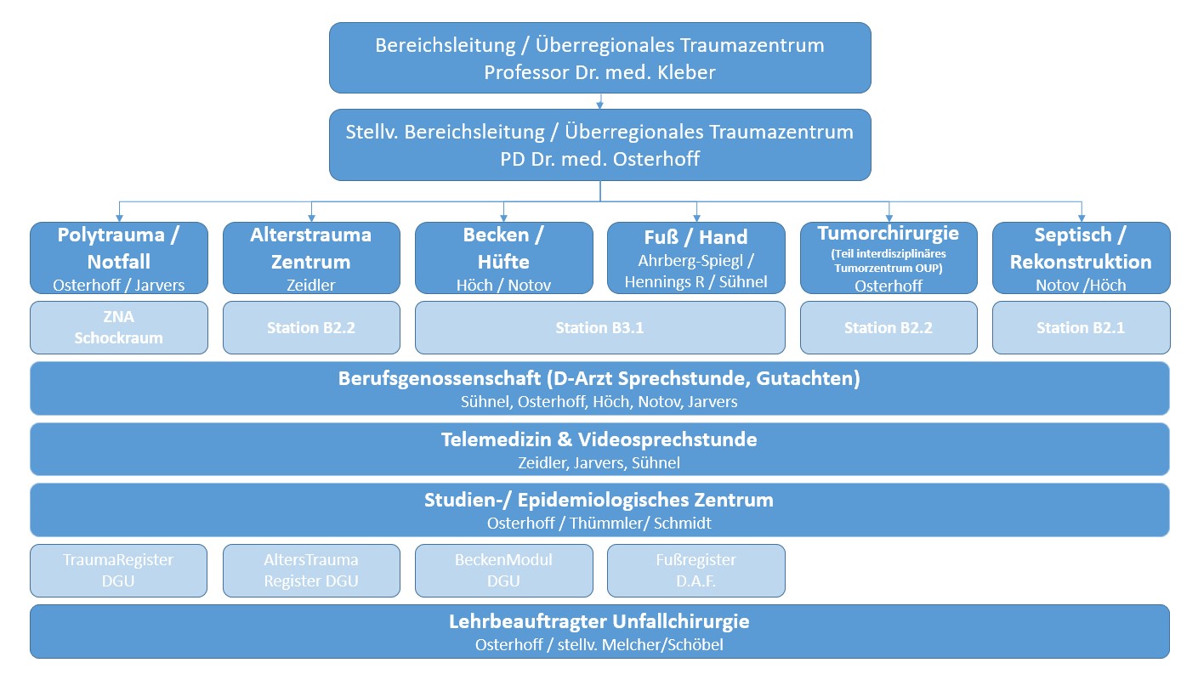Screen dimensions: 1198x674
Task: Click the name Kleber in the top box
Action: tap(686, 72)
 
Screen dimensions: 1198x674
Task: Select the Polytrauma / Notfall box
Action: tap(119, 258)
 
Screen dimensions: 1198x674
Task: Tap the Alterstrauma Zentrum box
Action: tap(311, 258)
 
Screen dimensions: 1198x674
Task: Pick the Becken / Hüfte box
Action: tap(504, 258)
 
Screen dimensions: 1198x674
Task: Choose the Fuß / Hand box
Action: tap(696, 258)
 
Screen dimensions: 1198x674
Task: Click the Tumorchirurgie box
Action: tap(889, 258)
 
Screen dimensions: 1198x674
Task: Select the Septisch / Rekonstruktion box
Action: tap(1081, 258)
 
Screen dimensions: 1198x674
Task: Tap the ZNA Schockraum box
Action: tap(119, 327)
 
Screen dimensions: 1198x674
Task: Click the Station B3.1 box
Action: tap(600, 327)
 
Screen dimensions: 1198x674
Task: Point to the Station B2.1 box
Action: tap(1081, 327)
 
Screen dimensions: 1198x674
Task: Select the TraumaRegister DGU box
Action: tap(119, 571)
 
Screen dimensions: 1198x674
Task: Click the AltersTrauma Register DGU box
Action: tap(311, 571)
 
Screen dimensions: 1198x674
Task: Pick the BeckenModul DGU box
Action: tap(504, 571)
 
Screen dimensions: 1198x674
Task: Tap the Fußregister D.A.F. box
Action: tap(696, 571)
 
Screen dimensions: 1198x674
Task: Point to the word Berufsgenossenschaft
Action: tap(440, 379)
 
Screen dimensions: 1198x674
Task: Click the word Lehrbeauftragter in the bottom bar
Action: tap(527, 621)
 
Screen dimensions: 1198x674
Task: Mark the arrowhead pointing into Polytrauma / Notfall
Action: tap(119, 218)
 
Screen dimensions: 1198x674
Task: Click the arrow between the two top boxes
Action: tap(600, 101)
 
